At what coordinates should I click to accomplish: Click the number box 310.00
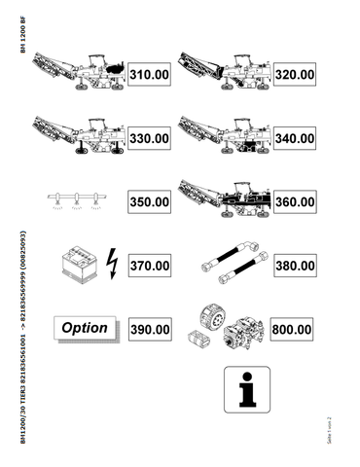point(150,74)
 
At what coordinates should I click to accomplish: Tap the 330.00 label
point(150,138)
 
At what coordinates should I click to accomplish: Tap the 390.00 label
point(150,330)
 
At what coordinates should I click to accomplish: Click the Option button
point(85,328)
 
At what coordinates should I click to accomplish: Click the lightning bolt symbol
point(109,264)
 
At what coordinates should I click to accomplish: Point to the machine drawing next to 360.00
point(225,199)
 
